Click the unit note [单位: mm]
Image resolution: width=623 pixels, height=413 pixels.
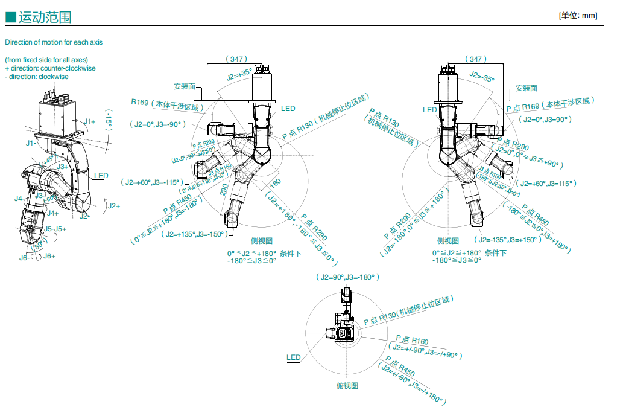click(578, 16)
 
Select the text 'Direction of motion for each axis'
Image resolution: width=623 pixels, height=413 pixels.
click(54, 42)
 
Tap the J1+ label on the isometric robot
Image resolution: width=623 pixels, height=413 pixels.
click(90, 121)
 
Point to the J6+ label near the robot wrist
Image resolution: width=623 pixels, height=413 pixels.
click(49, 256)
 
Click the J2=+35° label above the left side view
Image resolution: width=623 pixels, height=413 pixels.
click(239, 74)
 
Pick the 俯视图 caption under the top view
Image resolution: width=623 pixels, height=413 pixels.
click(347, 385)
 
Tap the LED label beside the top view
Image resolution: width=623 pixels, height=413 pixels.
click(293, 357)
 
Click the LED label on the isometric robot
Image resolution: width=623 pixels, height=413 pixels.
click(101, 176)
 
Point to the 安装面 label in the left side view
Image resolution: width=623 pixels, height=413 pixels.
click(184, 86)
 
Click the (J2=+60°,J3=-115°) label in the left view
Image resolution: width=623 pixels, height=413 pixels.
click(153, 182)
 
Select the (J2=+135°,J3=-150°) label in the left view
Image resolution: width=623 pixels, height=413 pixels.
click(192, 234)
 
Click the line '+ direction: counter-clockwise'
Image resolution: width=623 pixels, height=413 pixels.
click(50, 68)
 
